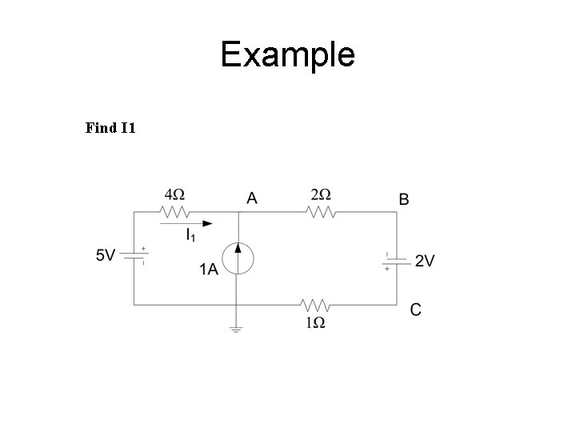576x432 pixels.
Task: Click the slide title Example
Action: coord(287,55)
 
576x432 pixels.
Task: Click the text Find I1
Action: coord(110,127)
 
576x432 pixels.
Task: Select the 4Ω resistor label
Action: coord(174,194)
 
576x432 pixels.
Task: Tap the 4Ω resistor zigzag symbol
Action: coord(174,213)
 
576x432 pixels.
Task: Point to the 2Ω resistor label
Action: coord(321,194)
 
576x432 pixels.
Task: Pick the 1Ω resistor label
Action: coord(314,323)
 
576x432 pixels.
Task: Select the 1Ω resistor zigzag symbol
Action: coord(315,305)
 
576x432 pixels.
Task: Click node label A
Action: coord(252,198)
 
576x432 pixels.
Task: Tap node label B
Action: coord(404,199)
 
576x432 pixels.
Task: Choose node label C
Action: coord(415,310)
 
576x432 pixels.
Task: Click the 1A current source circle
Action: coord(238,258)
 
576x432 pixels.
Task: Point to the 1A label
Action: coord(209,270)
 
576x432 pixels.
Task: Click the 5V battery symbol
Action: coord(134,256)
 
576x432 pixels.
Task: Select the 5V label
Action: coord(106,255)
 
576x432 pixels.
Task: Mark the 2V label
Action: coord(425,261)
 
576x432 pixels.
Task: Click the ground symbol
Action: coord(236,330)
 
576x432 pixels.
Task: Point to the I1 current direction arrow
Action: coord(186,224)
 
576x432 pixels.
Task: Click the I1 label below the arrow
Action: coord(190,236)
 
